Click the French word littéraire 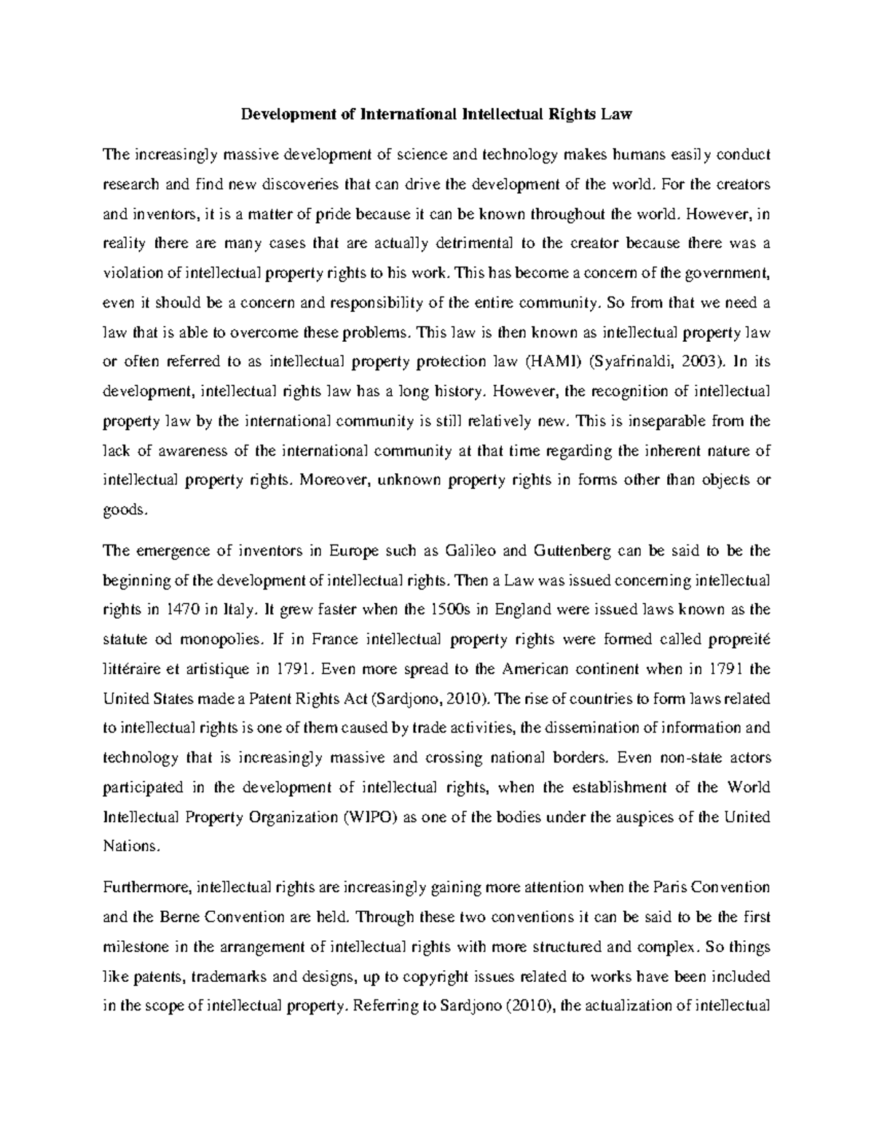tap(135, 669)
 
